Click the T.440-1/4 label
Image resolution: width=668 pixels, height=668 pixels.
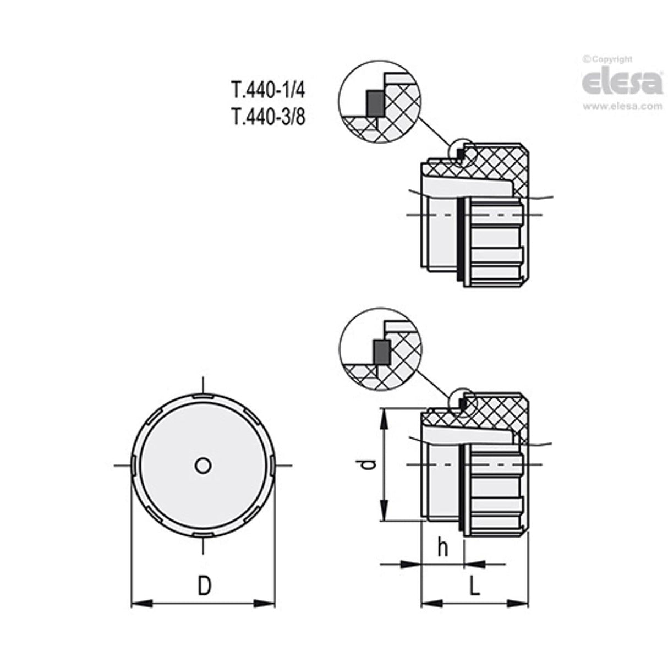coord(267,89)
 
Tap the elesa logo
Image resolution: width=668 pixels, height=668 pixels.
coord(622,83)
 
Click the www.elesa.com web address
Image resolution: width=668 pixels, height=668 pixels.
coord(622,107)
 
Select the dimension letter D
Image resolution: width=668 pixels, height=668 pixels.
coord(204,586)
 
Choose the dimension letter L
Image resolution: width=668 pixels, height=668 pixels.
coord(474,586)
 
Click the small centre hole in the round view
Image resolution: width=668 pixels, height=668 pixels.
coord(203,466)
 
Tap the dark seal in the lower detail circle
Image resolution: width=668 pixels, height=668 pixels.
coord(380,351)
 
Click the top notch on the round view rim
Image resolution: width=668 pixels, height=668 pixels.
coord(203,396)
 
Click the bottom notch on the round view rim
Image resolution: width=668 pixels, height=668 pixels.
coord(203,535)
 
